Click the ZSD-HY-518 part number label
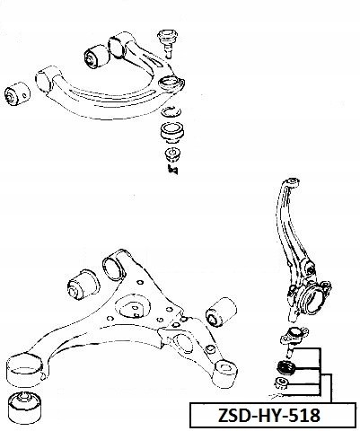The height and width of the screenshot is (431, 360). [269, 415]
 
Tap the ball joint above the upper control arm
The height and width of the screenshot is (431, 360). [168, 42]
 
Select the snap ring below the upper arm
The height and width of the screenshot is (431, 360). [171, 111]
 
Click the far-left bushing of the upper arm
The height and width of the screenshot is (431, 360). [17, 93]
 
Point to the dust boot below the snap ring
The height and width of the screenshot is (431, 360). [172, 132]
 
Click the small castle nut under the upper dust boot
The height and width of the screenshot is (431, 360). [172, 154]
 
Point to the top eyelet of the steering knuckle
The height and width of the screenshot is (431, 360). [292, 182]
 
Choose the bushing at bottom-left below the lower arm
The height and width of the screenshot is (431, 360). [24, 407]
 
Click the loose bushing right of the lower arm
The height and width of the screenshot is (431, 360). [221, 312]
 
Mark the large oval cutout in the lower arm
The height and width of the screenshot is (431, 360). [133, 306]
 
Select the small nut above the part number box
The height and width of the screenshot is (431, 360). [281, 383]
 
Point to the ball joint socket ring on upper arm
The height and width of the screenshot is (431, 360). [170, 83]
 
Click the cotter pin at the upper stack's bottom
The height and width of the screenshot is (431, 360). [173, 170]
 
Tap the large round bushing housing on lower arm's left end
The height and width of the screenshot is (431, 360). [24, 371]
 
